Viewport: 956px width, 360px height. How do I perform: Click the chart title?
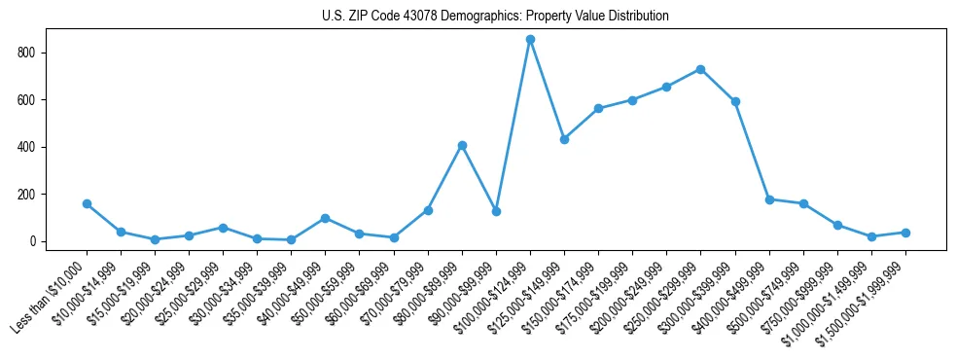(495, 17)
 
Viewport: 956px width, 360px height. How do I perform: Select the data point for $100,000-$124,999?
(530, 39)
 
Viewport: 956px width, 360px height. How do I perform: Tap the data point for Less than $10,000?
(87, 204)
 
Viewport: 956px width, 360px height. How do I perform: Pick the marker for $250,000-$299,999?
(700, 69)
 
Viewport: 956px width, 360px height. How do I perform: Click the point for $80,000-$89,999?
(462, 145)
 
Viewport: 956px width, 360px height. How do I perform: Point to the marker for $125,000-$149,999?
(564, 139)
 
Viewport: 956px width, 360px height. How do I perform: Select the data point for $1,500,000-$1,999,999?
(905, 233)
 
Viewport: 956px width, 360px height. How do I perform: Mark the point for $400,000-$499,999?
(769, 199)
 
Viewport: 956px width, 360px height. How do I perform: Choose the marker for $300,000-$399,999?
(735, 101)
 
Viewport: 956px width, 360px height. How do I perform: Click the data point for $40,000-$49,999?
(325, 218)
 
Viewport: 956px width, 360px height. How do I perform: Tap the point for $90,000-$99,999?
(496, 211)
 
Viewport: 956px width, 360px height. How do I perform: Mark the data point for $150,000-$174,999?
(598, 108)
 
